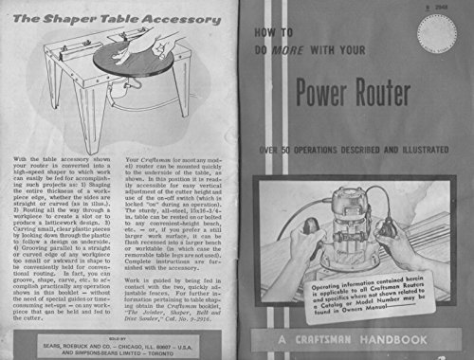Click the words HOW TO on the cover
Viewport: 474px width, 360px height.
(x=263, y=29)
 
